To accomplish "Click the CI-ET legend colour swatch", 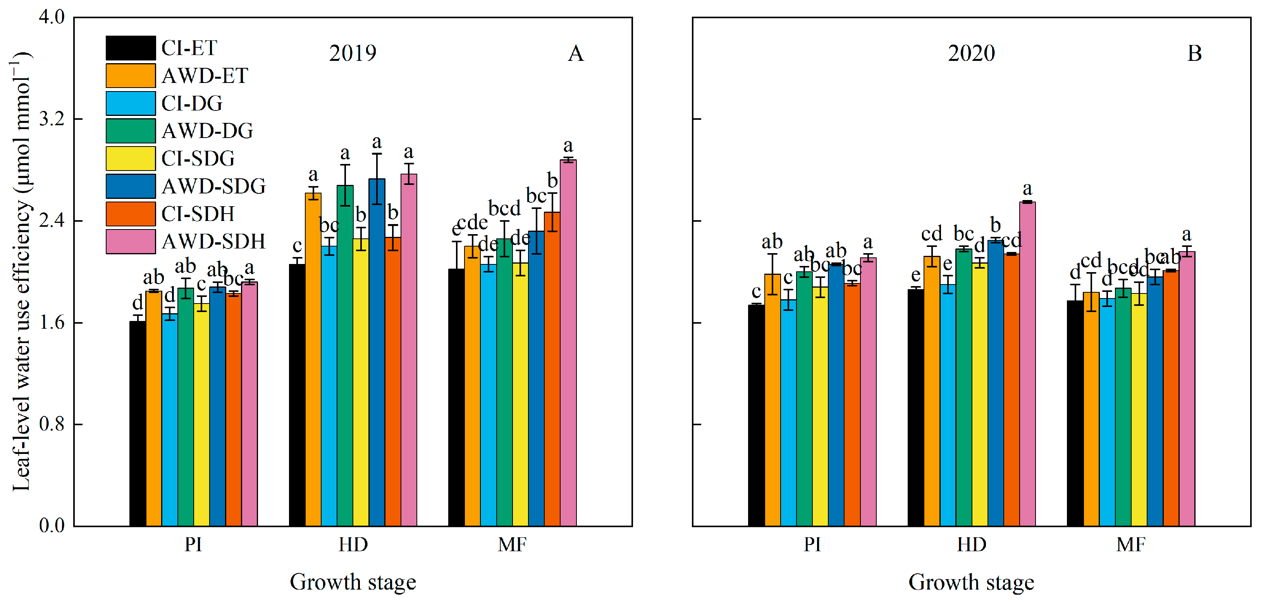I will click(131, 48).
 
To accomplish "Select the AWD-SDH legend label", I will click(213, 241).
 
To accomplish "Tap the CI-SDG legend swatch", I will click(131, 159).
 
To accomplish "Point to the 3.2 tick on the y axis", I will click(52, 119).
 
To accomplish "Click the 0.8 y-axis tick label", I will click(52, 424).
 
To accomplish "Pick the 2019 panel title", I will click(353, 53).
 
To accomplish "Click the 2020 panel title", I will click(971, 53).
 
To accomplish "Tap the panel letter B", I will click(1194, 53).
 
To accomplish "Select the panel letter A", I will click(576, 53).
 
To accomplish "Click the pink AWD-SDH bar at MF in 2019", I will click(568, 343).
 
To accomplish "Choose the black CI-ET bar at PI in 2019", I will click(138, 424).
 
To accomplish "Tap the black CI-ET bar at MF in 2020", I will click(1075, 414).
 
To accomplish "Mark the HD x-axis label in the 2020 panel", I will click(972, 545).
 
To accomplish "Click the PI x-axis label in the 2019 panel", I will click(193, 545).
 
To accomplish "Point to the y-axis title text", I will click(22, 272).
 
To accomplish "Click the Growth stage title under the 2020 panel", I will click(971, 582).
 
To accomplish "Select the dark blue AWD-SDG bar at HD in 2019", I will click(377, 353).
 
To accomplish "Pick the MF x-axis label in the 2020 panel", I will click(1131, 545).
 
